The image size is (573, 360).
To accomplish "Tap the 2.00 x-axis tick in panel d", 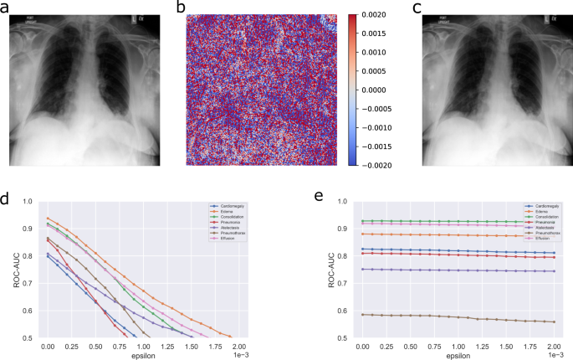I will (x=239, y=345).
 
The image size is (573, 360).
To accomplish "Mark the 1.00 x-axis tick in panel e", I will (x=457, y=345).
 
